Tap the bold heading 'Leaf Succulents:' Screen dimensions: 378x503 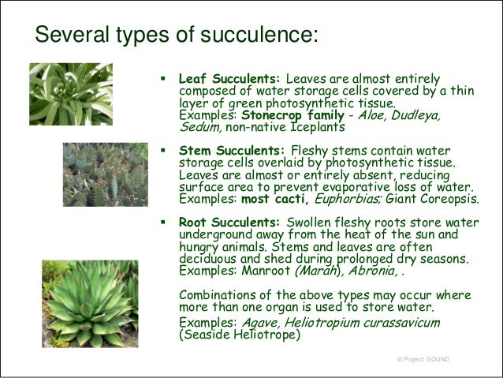(229, 80)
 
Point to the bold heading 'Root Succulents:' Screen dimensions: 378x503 (231, 223)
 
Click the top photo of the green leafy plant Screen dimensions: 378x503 (69, 92)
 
